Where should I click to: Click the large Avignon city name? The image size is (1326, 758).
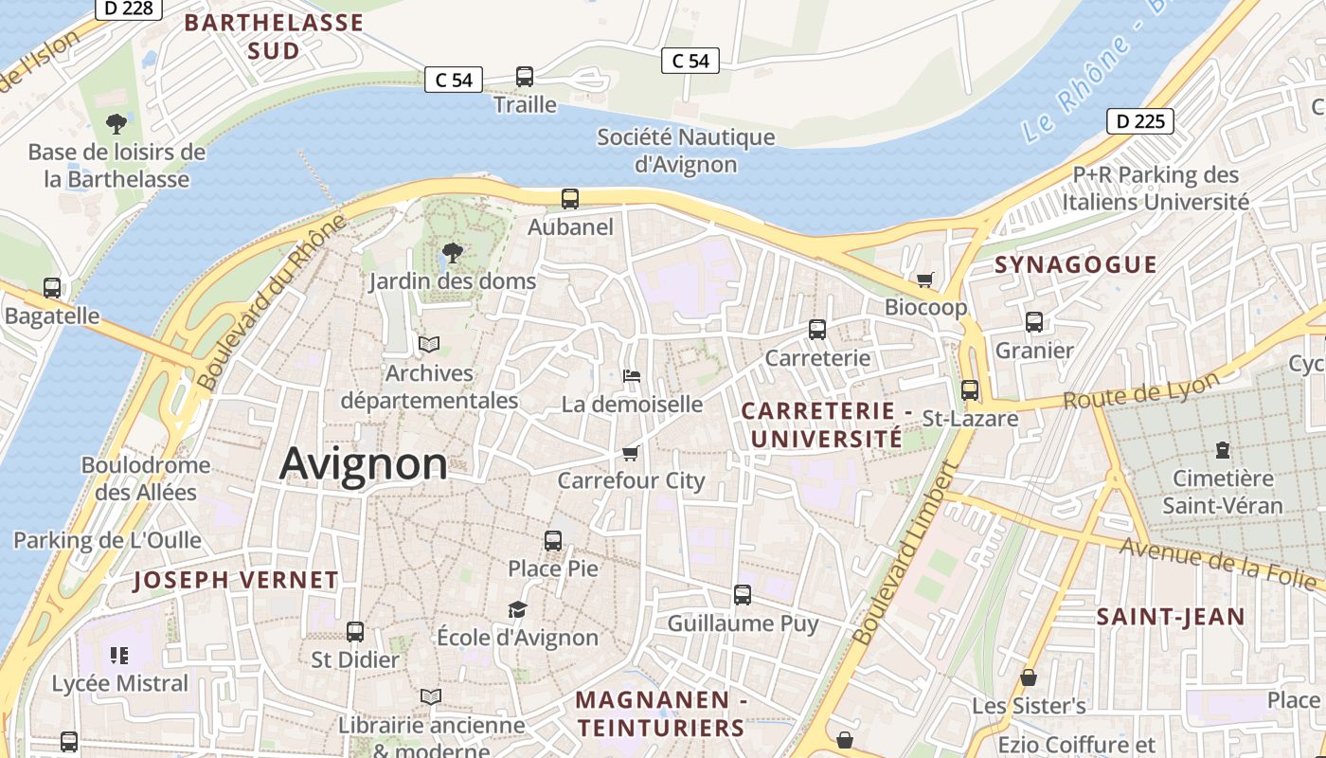pos(364,463)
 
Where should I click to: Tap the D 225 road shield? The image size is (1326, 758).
pos(1140,121)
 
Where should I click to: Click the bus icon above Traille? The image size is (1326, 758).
pos(525,77)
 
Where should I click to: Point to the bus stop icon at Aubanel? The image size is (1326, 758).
pos(569,199)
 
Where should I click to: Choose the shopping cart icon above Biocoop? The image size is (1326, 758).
pos(925,280)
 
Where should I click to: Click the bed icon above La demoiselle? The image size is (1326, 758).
pos(632,376)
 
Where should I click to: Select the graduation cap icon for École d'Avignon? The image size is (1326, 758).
pos(517,609)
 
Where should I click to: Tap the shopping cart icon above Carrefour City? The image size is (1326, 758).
pos(631,453)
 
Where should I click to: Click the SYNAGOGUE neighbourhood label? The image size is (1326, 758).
pos(1075,265)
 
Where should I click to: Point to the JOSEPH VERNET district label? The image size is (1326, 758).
pos(235,580)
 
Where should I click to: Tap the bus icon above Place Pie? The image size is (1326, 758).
pos(553,541)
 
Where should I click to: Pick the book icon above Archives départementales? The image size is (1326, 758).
pos(429,344)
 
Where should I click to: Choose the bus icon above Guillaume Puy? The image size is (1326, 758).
pos(743,595)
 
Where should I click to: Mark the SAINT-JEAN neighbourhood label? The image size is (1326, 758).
pos(1171,618)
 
